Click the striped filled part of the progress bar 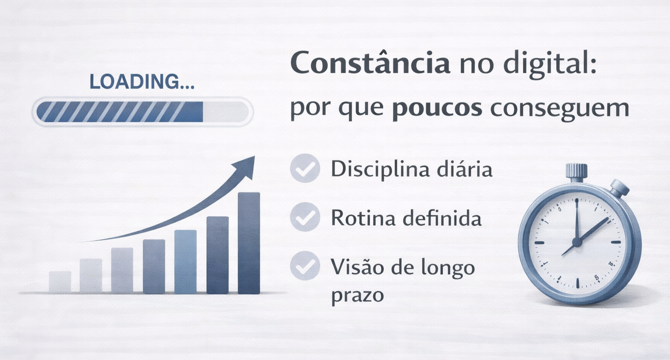click(x=120, y=112)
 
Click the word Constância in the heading click(x=370, y=63)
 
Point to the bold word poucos click(x=437, y=108)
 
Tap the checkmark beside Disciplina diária click(x=305, y=168)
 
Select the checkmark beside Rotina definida click(x=305, y=217)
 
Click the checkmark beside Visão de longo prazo click(x=305, y=266)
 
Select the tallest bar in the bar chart click(x=249, y=243)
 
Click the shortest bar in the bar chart click(x=60, y=282)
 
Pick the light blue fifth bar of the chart click(x=185, y=262)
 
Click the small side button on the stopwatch click(x=619, y=188)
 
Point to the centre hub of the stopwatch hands click(x=577, y=242)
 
